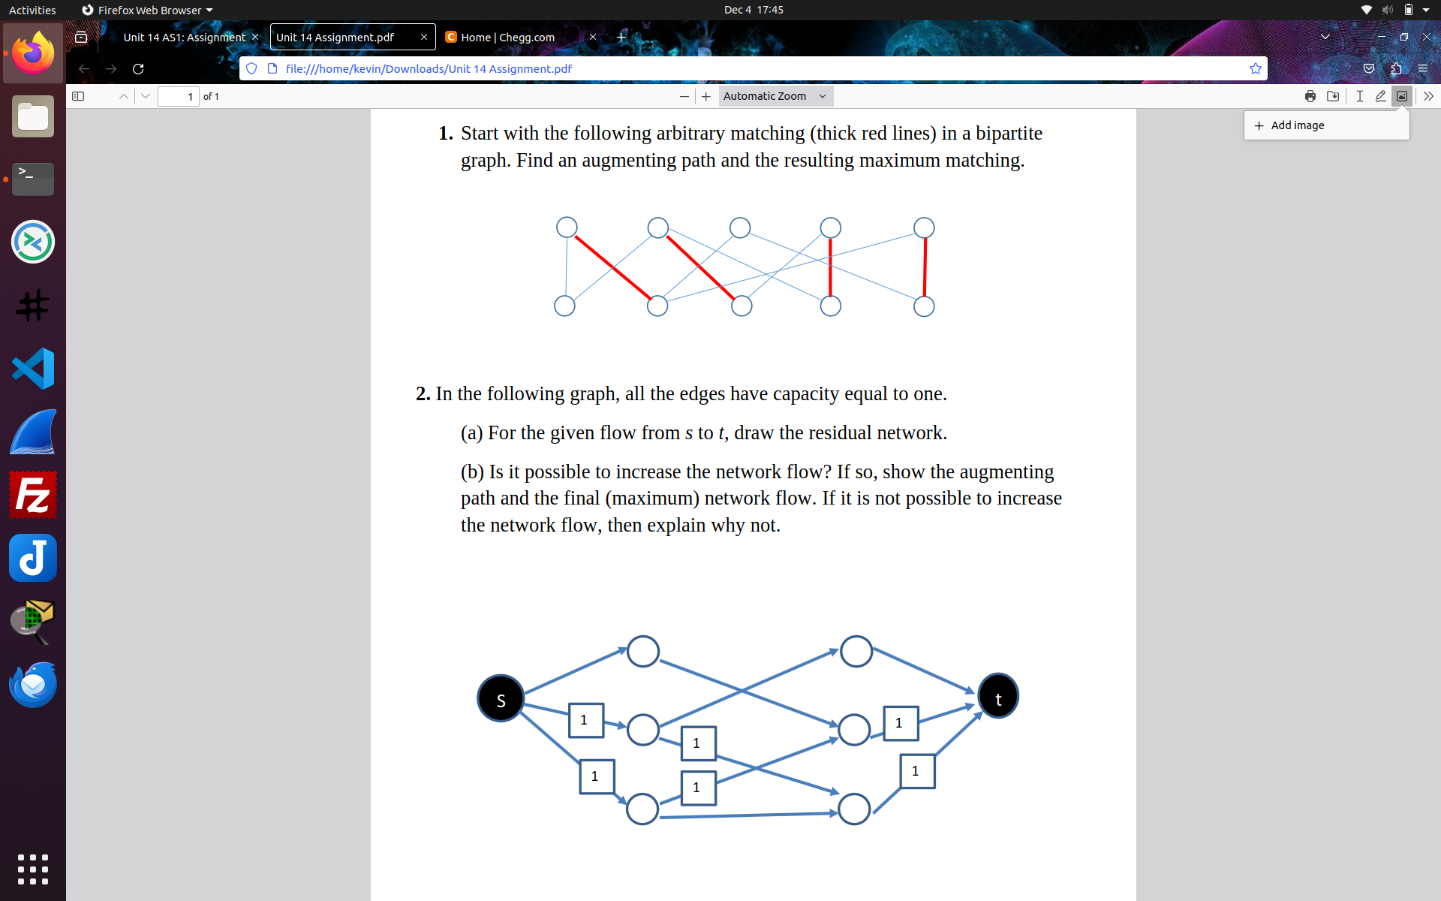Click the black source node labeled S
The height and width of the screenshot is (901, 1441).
pos(501,699)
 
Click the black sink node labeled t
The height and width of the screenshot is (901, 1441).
pos(997,697)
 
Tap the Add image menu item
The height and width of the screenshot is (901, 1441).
pos(1297,125)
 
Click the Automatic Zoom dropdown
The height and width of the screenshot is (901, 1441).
pos(775,96)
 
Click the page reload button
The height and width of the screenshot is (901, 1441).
pos(138,69)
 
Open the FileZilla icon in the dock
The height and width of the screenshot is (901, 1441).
pos(33,495)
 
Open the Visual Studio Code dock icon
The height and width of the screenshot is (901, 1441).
pos(33,369)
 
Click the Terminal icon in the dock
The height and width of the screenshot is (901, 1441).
pos(33,179)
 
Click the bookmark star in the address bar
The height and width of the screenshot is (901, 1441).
pos(1256,69)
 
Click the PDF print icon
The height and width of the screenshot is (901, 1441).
pos(1310,96)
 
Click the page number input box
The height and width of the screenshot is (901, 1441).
pos(179,96)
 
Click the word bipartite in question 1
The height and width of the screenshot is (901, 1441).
pos(1009,134)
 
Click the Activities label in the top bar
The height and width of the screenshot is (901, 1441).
pos(32,10)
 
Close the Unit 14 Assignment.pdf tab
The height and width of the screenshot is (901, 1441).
pos(424,38)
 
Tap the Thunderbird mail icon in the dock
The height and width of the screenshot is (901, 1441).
pos(33,684)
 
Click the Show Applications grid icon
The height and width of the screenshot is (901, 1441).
pos(33,869)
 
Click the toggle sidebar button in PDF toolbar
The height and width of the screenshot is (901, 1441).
pos(78,96)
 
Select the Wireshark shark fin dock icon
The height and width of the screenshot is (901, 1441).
pos(33,432)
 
